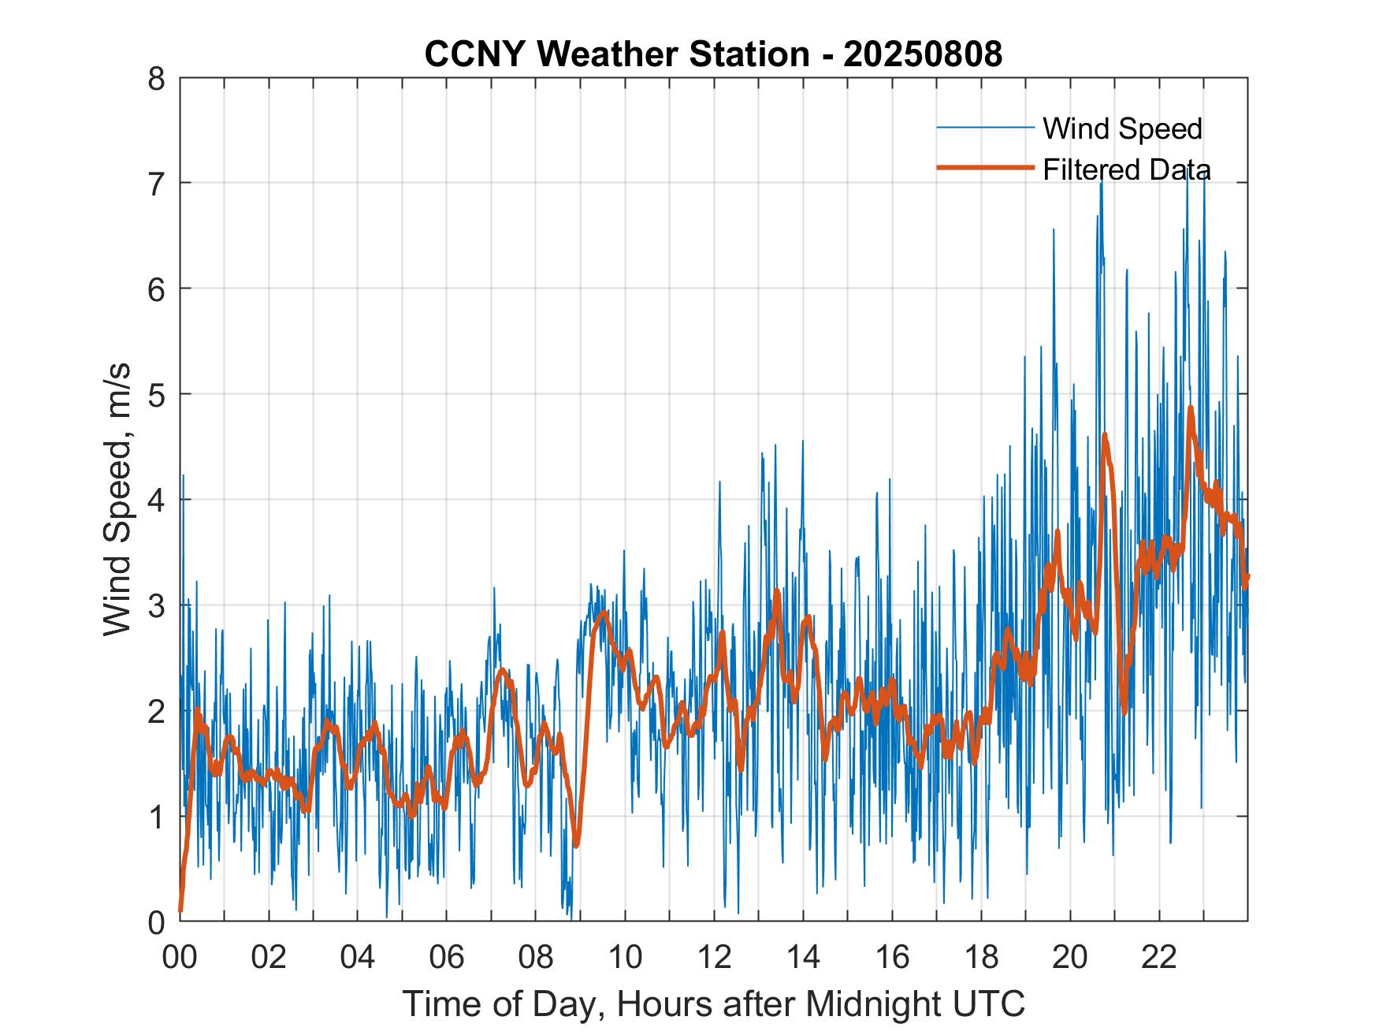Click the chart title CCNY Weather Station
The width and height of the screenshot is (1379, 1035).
(617, 54)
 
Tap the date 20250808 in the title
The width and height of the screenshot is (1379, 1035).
(923, 54)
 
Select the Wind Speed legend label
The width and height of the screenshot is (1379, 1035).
(1122, 128)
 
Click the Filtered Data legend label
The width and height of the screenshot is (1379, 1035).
(1127, 169)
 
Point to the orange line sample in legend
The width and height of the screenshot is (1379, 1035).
(985, 168)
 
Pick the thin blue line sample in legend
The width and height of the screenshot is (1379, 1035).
(985, 128)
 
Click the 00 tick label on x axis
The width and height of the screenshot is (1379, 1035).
(180, 957)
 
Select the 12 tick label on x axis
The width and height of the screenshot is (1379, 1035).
(714, 957)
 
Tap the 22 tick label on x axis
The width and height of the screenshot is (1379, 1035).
(1159, 957)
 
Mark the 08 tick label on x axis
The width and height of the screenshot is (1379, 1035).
(536, 957)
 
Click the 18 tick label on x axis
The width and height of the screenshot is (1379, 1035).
(981, 957)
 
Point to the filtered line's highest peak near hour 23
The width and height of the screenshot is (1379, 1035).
(1191, 408)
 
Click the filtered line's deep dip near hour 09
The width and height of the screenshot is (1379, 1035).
(577, 845)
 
